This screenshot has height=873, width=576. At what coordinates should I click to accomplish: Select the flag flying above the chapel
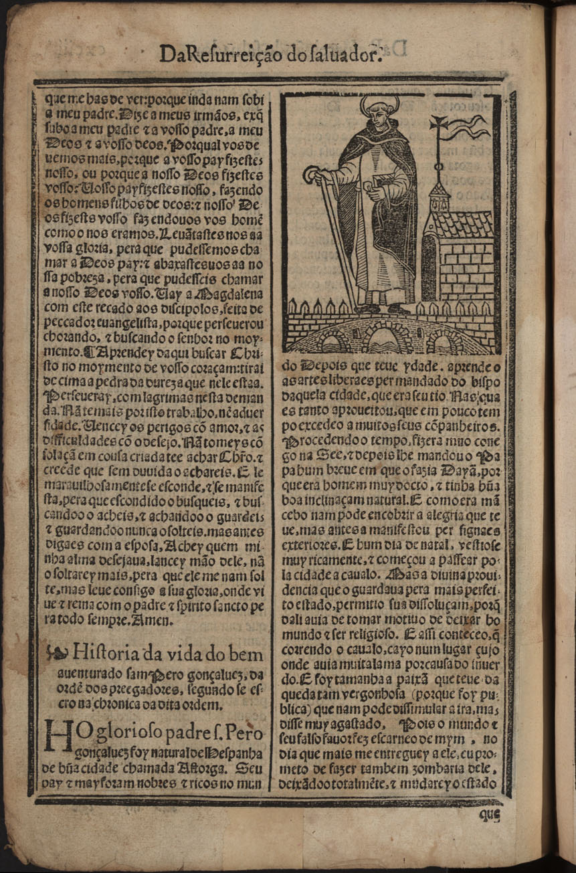click(x=469, y=127)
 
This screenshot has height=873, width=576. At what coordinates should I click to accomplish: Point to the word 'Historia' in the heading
click(x=107, y=653)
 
